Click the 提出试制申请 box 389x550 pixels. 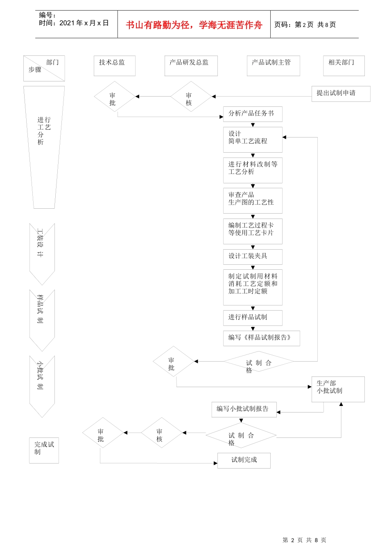click(341, 94)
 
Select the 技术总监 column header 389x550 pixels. click(114, 66)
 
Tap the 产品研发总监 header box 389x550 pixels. click(191, 66)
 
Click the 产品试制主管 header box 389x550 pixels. click(273, 66)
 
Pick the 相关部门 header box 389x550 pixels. click(344, 66)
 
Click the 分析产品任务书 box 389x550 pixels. click(253, 114)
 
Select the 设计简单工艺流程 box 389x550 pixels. click(253, 140)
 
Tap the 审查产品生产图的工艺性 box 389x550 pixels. click(253, 201)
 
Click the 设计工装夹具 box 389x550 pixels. click(253, 257)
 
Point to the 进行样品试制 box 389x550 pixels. click(253, 318)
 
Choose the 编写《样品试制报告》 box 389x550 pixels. click(261, 338)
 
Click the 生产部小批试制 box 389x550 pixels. click(338, 389)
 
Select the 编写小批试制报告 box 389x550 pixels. click(244, 409)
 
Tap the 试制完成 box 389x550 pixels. click(244, 460)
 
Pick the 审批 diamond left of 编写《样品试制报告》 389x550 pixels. click(173, 362)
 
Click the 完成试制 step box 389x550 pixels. click(44, 450)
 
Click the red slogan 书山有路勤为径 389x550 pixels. click(194, 25)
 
